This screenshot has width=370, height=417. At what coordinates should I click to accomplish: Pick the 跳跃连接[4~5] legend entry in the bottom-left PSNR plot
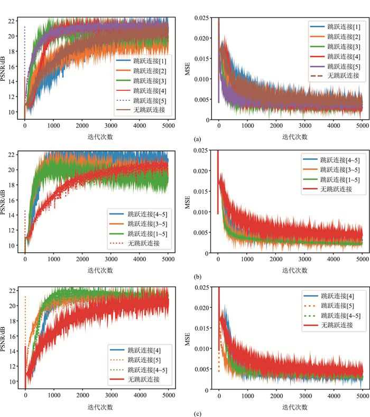(140, 369)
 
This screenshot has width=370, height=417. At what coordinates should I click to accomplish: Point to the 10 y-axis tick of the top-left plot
(13, 112)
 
